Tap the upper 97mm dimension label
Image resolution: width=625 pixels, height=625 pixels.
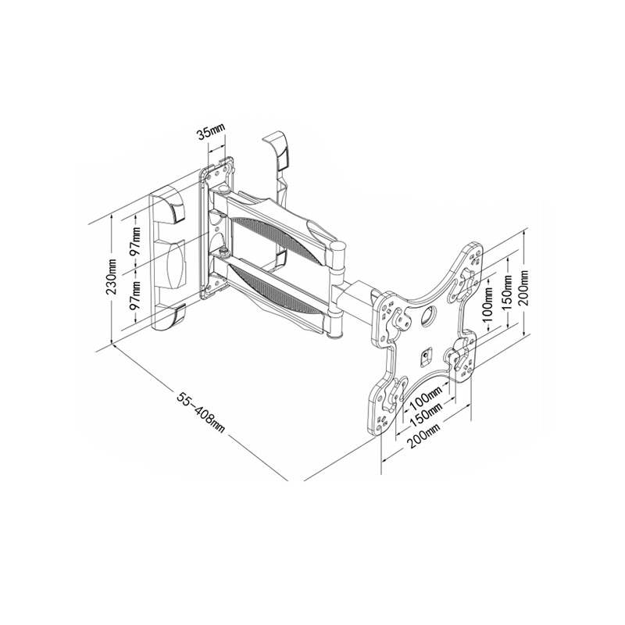pos(136,242)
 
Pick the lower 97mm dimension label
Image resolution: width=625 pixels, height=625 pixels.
pos(136,295)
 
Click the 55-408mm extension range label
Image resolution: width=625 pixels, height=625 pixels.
pos(202,413)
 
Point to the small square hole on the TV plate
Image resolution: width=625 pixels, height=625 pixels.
pos(426,355)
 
